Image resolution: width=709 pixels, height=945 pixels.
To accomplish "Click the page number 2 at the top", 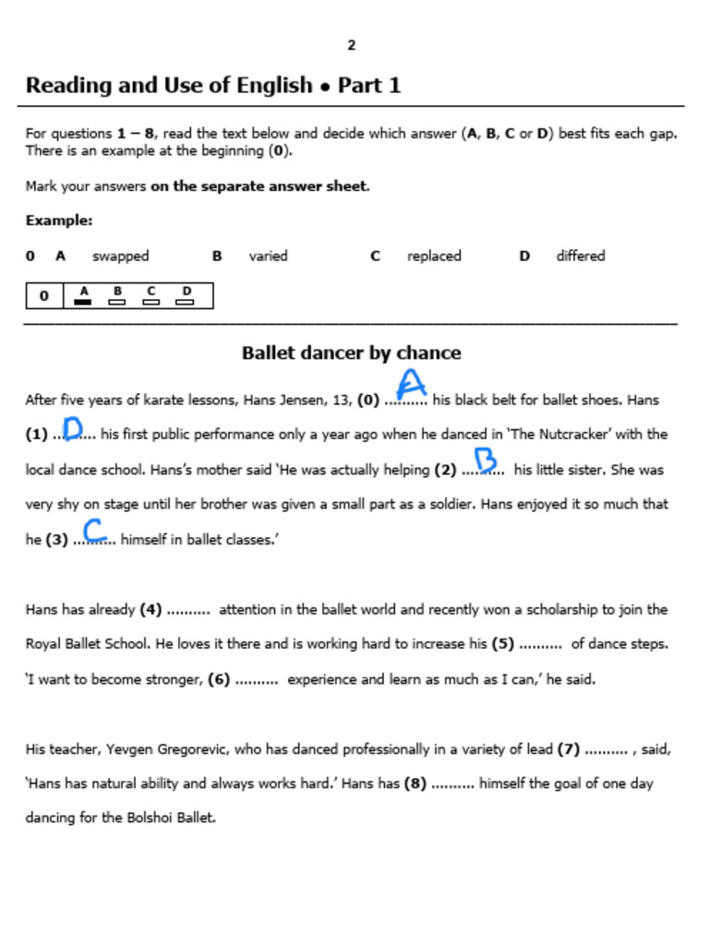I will pos(352,45).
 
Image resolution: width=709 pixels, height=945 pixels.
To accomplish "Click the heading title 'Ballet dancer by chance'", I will pos(351,353).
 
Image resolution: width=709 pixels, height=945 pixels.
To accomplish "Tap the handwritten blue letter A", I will pos(411,384).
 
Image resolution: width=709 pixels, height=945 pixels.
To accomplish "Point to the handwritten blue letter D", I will pos(73,428).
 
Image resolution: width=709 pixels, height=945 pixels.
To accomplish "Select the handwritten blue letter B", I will pos(485,460).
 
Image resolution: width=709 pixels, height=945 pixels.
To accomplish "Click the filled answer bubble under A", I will pos(83,301).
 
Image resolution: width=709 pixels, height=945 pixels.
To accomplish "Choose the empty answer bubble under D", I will pos(185,301).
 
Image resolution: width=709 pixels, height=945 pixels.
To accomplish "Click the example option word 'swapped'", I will pos(120,256).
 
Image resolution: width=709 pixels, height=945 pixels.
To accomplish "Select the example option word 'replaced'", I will pos(434,256).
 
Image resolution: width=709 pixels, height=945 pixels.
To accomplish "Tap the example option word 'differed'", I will pos(580,256).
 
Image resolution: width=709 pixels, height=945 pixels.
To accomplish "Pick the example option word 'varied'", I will pos(268,256).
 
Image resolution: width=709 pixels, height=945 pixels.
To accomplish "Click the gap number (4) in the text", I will pos(150,609).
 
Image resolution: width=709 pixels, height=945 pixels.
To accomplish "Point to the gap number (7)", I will pos(569,749).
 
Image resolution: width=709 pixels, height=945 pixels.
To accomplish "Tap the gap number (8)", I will pos(415,784).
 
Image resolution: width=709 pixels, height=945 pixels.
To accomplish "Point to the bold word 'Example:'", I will pos(59,221).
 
